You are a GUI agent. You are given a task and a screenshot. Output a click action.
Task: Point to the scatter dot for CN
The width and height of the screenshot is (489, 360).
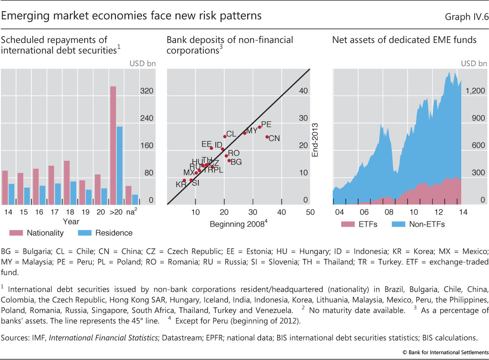(x=267, y=137)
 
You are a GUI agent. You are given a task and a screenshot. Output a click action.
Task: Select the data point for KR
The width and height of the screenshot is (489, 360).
(x=184, y=180)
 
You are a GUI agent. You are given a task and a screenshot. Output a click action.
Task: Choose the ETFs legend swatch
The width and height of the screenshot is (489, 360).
(x=347, y=224)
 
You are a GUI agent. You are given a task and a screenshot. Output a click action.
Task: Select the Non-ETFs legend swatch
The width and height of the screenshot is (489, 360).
(x=399, y=224)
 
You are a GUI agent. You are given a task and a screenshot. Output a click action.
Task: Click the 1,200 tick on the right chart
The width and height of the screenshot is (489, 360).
(x=476, y=91)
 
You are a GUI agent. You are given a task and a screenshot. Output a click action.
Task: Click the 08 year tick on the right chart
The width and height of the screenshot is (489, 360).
(x=389, y=212)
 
